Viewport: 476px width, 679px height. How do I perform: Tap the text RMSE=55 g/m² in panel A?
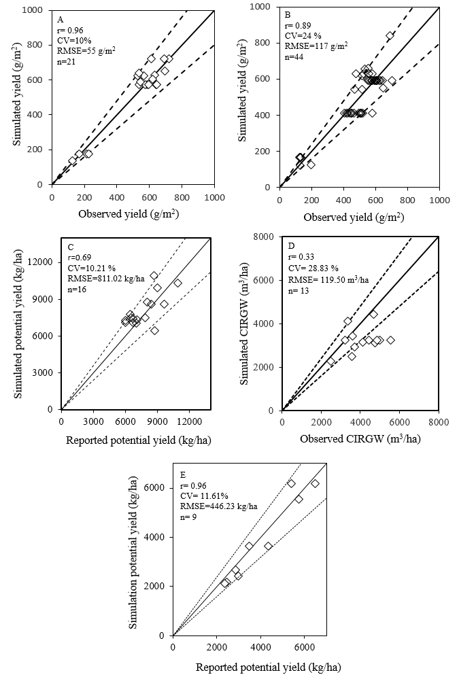click(82, 51)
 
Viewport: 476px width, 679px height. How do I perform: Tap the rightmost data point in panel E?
click(315, 483)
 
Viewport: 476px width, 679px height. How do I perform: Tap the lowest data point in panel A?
click(73, 160)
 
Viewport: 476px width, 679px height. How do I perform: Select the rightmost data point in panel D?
click(390, 340)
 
